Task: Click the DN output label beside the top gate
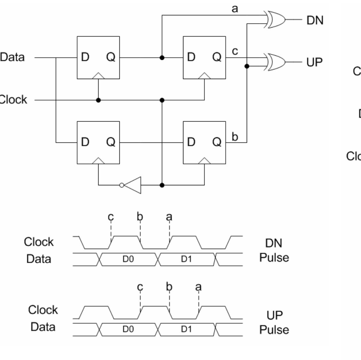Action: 315,20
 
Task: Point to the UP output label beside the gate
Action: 314,62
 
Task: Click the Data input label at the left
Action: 12,57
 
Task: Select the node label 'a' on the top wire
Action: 235,9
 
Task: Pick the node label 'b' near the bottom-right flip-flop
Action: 235,137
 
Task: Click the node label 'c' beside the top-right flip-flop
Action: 235,51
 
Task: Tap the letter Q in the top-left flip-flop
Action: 111,57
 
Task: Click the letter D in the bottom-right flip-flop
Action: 191,142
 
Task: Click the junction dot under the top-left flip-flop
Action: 98,100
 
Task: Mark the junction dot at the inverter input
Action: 162,185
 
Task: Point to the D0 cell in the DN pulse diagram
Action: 128,259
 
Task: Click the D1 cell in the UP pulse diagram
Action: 187,329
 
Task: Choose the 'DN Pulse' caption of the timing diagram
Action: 274,250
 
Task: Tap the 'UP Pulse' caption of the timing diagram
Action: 274,322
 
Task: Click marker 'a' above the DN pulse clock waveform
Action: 169,217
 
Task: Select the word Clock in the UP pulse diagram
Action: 43,310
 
